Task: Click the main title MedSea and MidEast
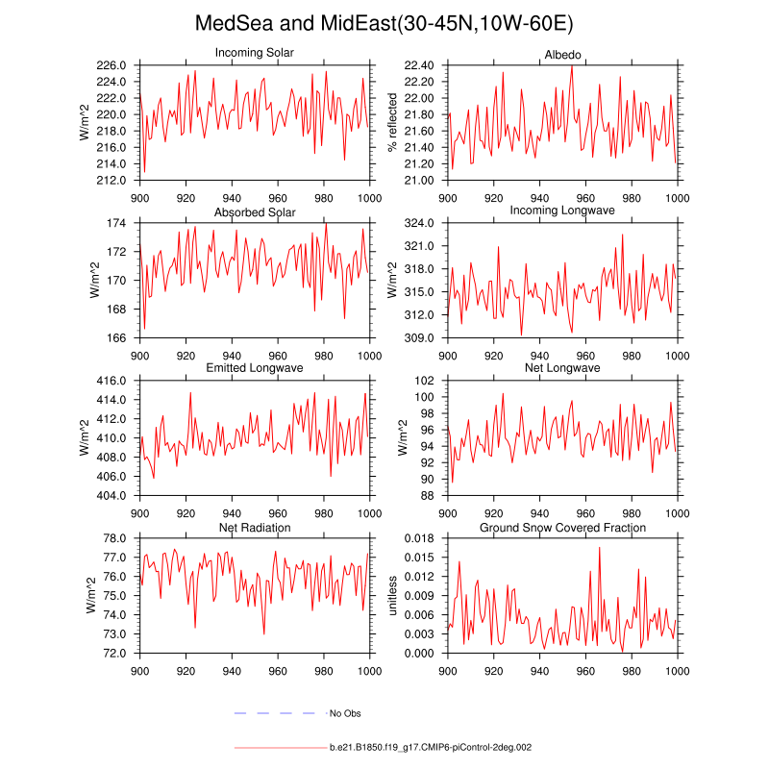[x=384, y=23]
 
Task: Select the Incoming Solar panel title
[x=255, y=52]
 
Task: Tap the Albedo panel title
[x=562, y=52]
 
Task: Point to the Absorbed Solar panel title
[x=255, y=211]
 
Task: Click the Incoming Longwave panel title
[x=562, y=210]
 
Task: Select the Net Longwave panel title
[x=562, y=368]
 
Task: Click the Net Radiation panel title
[x=255, y=528]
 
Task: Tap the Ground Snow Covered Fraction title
[x=562, y=528]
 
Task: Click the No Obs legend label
[x=345, y=713]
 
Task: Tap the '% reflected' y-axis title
[x=392, y=122]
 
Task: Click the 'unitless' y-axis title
[x=392, y=595]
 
